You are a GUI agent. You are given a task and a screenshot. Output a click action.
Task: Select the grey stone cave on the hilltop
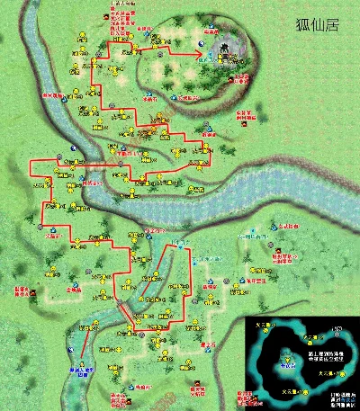click(225, 49)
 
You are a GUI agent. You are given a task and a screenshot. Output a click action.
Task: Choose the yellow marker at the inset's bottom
click(310, 393)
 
